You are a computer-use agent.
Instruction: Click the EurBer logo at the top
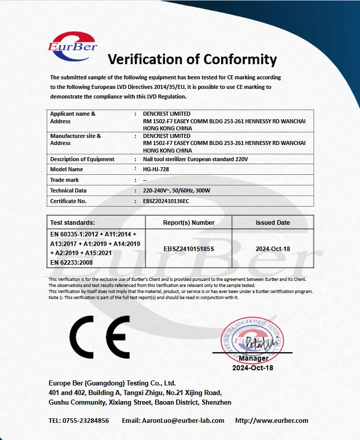[72, 46]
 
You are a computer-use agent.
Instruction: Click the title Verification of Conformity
[192, 60]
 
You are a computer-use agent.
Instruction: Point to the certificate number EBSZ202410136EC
[166, 201]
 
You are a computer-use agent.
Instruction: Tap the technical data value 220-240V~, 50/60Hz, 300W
[176, 190]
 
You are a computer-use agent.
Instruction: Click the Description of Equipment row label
[82, 159]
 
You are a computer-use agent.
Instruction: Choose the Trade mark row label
[65, 180]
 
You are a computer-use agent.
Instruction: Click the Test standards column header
[73, 222]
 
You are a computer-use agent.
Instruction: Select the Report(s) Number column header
[189, 222]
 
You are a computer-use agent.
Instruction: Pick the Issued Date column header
[273, 222]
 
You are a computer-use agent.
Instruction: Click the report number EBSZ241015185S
[189, 249]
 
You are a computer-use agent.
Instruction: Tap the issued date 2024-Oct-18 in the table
[273, 249]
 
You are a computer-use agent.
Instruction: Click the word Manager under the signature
[253, 359]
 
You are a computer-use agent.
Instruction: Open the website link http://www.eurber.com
[272, 420]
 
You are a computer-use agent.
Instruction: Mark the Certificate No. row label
[69, 201]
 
